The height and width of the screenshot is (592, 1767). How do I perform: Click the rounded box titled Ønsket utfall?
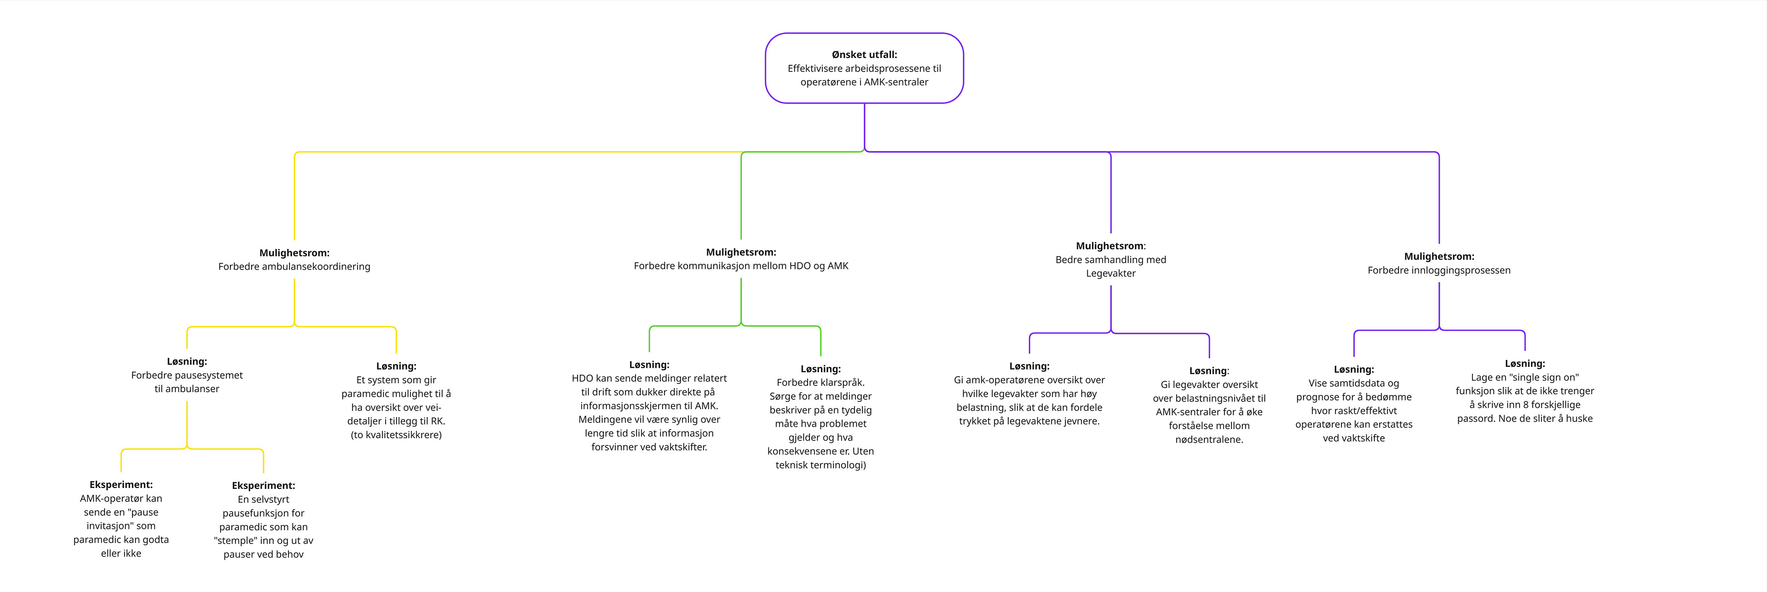point(864,68)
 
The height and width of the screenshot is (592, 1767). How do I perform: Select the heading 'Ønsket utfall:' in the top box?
point(864,54)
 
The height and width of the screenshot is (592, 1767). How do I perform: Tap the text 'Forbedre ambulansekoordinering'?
point(294,266)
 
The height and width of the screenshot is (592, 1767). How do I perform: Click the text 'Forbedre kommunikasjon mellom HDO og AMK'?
point(741,266)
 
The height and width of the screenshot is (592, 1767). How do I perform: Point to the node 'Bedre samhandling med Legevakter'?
point(1110,259)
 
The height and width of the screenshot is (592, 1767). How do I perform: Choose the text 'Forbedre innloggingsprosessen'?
point(1439,270)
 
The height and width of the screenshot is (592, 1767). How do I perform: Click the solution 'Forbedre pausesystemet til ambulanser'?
point(186,375)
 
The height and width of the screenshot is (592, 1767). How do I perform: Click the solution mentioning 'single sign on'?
point(1525,391)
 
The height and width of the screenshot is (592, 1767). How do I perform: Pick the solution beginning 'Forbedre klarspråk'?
point(820,417)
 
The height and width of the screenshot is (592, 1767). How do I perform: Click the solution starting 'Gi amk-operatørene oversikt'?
point(1029,394)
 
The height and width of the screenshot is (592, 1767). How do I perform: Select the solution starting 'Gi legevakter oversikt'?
point(1209,405)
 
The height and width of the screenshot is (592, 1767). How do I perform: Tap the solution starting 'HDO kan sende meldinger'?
point(649,406)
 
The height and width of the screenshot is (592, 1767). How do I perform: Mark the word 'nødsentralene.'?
point(1209,440)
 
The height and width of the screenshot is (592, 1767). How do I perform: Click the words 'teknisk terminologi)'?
point(820,465)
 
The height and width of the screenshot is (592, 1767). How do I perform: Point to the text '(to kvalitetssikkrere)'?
point(397,435)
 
